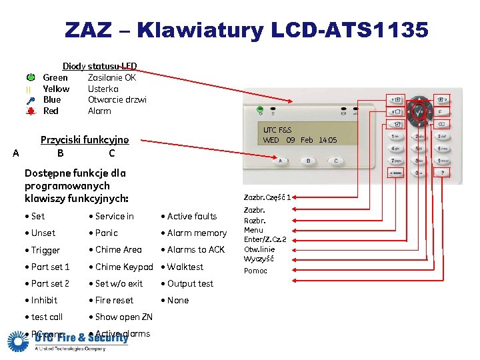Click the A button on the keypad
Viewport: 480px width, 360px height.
(280, 161)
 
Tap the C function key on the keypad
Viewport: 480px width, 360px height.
(335, 161)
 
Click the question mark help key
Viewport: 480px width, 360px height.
(442, 172)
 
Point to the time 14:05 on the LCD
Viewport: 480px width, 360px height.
(328, 140)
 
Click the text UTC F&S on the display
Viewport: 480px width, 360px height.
(277, 130)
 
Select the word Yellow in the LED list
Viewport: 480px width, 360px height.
(56, 89)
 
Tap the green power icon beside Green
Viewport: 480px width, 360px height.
(31, 77)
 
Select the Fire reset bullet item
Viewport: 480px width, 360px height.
(114, 300)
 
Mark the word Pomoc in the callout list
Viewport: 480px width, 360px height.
(255, 271)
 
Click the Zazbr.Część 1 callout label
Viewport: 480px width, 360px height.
(267, 197)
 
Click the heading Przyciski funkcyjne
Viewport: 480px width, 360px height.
(85, 140)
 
